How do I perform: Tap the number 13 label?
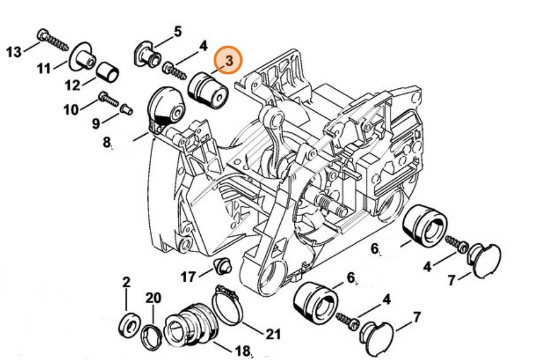pos(14,52)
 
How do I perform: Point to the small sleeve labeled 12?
pos(108,73)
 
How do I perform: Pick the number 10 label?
pos(71,109)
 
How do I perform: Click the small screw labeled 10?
pos(109,99)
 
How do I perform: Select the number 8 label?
pos(107,141)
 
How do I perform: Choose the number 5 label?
pos(177,30)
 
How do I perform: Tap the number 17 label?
pos(188,277)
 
